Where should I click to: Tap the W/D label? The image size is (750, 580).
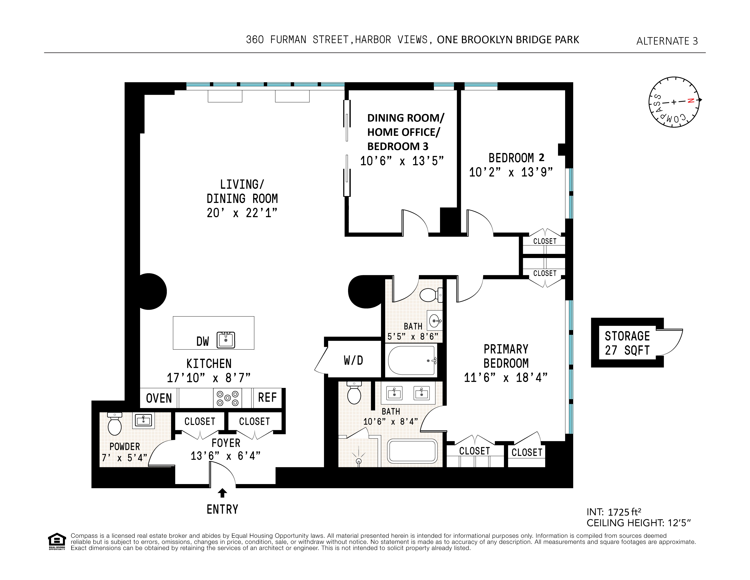coord(353,360)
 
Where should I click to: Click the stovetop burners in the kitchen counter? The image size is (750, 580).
coord(227,398)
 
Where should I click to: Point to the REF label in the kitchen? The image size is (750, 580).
coord(267,398)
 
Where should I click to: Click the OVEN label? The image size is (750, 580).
coord(159,398)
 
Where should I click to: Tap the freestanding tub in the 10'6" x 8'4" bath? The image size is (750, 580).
coord(412,451)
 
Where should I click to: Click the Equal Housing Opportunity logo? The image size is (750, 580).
coord(57,541)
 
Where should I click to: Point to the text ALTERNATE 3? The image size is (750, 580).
coord(667,41)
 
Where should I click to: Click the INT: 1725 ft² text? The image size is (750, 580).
coord(614,512)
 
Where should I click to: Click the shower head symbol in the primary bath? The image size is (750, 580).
coord(359,460)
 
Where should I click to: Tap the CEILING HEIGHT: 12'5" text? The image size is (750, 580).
coord(638,523)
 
